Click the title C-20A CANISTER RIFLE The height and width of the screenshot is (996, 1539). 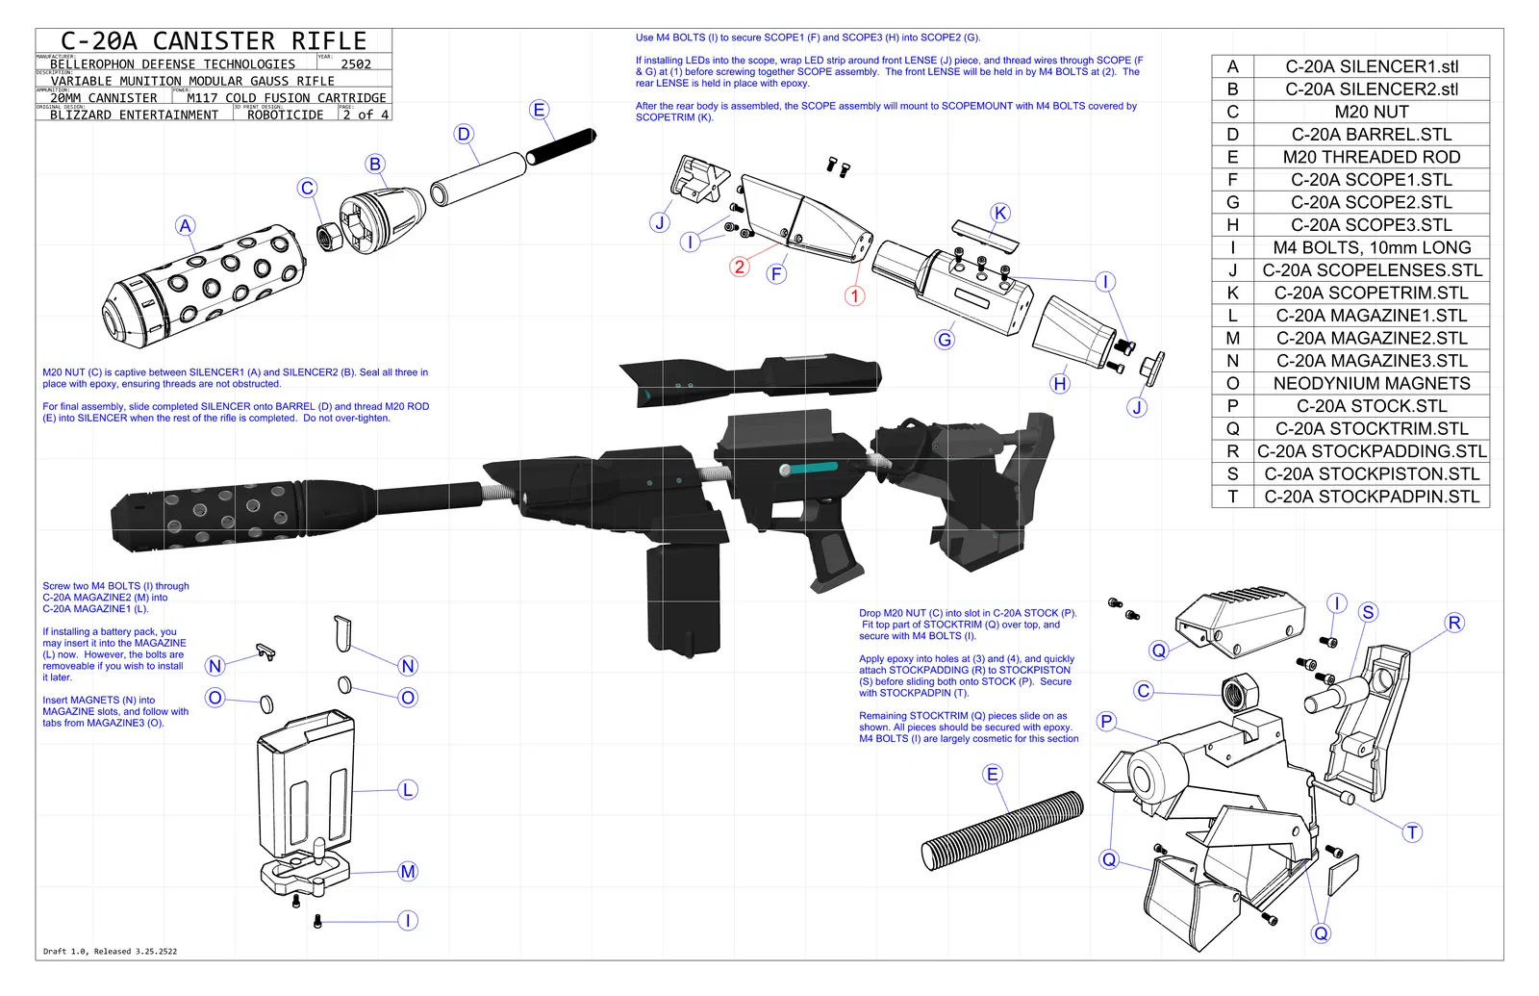(214, 41)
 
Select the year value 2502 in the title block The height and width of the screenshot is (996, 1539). (355, 64)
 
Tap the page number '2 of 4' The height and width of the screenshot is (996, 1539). (366, 115)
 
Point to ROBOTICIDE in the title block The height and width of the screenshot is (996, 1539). (285, 115)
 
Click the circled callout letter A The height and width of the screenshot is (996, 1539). (186, 226)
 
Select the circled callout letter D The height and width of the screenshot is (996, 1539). (465, 135)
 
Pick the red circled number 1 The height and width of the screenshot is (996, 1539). (854, 295)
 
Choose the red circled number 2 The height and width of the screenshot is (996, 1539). (739, 267)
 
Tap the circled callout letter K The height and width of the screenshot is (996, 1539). (1000, 214)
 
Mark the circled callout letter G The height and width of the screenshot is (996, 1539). (945, 340)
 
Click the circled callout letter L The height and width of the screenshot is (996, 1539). (408, 790)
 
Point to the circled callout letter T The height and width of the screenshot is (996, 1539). (1412, 833)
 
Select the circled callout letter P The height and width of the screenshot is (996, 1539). (1107, 722)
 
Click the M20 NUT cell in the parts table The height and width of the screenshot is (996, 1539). (1371, 112)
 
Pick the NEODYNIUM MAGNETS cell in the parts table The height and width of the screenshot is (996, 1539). (1371, 383)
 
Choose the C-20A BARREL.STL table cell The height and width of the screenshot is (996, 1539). (1371, 135)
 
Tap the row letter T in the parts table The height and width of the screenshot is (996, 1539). (1232, 497)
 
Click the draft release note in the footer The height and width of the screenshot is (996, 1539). (110, 952)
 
